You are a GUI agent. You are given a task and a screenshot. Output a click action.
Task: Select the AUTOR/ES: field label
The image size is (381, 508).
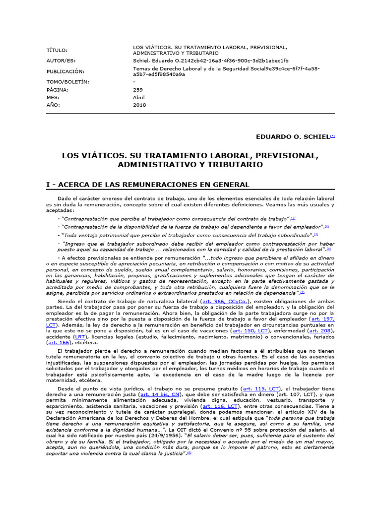pos(60,61)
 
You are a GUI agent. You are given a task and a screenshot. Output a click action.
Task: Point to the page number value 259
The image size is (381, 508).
pos(138,90)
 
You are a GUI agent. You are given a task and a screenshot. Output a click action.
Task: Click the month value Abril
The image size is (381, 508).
pos(139,98)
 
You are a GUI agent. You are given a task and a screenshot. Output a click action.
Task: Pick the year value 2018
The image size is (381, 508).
pos(139,105)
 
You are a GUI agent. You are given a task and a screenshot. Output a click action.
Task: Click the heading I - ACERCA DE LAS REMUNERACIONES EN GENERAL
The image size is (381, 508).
pos(147,185)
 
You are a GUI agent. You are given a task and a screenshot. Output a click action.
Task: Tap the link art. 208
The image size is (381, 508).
pos(321,330)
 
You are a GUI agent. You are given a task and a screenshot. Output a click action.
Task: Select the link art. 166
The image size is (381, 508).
pos(59,342)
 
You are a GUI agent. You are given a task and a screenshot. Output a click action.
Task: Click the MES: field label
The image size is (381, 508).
pos(53,98)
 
